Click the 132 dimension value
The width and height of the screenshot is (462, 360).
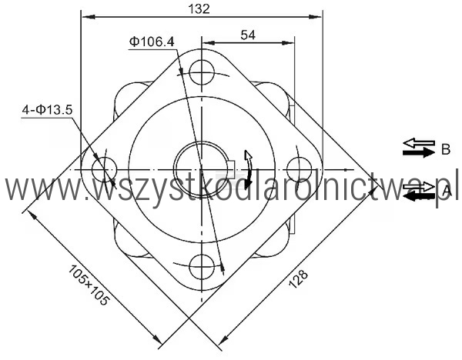(199, 8)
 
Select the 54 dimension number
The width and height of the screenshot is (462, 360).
(248, 35)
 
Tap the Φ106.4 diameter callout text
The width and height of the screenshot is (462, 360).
(152, 42)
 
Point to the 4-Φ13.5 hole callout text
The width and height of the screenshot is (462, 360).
(47, 110)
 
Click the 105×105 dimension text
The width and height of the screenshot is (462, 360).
(89, 285)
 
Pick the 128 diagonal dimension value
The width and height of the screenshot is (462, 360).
(298, 278)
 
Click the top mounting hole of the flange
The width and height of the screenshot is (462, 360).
(202, 72)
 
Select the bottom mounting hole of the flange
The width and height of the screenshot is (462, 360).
(202, 267)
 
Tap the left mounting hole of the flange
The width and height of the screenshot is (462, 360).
(104, 169)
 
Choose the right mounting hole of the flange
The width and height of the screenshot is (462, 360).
(299, 169)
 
